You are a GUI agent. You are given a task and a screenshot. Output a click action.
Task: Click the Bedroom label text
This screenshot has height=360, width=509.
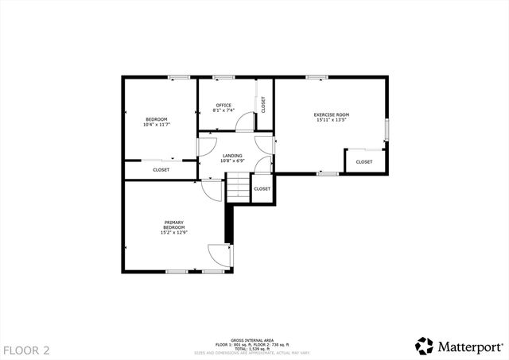[156, 119]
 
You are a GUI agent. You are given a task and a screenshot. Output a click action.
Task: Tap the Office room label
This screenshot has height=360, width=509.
[223, 105]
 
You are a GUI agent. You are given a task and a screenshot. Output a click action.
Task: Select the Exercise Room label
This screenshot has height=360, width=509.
[332, 114]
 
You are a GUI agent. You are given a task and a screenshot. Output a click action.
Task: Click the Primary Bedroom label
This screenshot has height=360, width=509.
[173, 224]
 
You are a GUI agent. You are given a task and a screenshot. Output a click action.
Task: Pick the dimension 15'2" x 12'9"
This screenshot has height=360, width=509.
[173, 233]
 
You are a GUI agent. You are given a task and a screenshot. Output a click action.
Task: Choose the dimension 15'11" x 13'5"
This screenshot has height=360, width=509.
[332, 121]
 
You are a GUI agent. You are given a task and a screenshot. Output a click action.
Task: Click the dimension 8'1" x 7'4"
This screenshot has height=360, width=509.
[223, 111]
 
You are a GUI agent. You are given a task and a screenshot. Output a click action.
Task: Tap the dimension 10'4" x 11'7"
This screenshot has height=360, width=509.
[156, 125]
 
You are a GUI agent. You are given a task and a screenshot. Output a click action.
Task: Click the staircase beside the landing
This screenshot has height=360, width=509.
[239, 188]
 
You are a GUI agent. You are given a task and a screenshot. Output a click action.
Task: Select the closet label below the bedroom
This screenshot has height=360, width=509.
[161, 169]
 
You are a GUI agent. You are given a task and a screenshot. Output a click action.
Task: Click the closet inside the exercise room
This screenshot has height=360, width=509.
[364, 161]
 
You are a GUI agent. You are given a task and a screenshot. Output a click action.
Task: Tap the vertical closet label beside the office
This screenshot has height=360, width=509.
[263, 104]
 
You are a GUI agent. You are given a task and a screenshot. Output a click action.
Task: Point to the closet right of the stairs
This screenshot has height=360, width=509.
[262, 189]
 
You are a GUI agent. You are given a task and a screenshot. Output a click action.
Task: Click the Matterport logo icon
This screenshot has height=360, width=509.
[425, 346]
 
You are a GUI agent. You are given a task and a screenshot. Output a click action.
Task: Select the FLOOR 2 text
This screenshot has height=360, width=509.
[26, 350]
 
